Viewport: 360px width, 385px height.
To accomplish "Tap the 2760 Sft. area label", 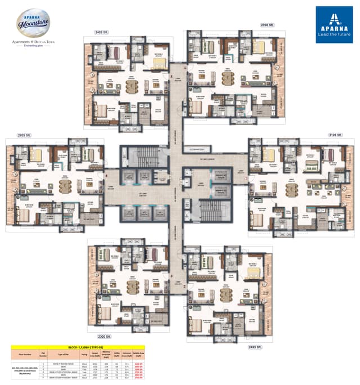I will tap(267, 25).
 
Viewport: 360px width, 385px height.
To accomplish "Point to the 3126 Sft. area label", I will tap(336, 136).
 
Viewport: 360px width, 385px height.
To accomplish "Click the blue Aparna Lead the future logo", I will tap(334, 24).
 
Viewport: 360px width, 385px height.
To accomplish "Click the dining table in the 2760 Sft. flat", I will tap(227, 77).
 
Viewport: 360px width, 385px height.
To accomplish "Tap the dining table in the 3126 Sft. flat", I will tap(291, 188).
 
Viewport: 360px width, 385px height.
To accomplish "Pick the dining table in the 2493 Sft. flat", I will tap(227, 295).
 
